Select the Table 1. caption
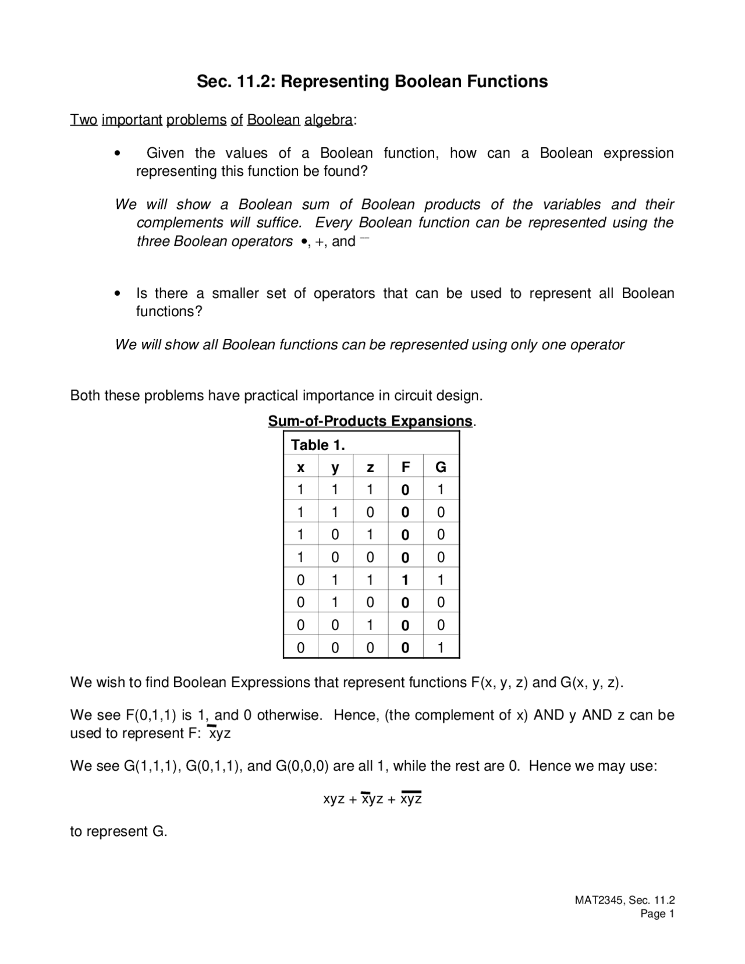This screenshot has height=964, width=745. (x=318, y=445)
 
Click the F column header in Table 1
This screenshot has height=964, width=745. (x=406, y=467)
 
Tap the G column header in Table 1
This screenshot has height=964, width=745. (x=441, y=467)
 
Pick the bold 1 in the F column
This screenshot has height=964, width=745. (x=405, y=580)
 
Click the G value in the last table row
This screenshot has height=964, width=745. (x=441, y=647)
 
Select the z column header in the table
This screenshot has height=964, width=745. (x=370, y=467)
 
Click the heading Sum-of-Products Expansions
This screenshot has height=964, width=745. (x=370, y=421)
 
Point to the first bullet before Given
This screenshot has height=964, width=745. (x=118, y=154)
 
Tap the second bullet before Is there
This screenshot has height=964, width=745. (x=118, y=294)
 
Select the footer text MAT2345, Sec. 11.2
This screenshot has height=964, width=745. (x=625, y=901)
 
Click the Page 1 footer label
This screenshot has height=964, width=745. (x=657, y=914)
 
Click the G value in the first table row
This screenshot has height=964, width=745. (x=441, y=490)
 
